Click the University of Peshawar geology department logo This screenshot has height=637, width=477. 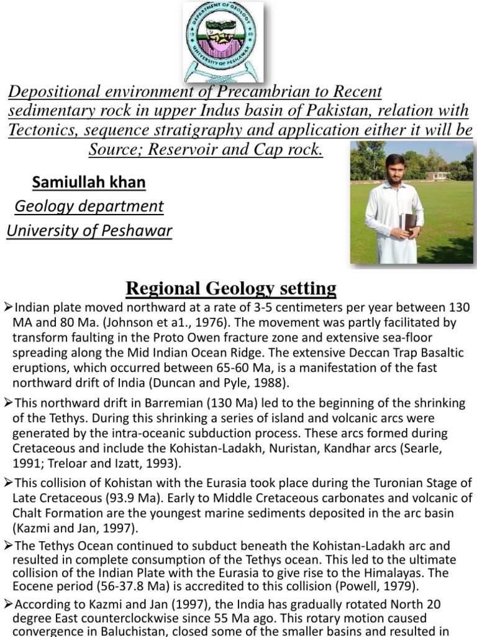click(223, 42)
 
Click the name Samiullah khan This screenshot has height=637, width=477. click(89, 182)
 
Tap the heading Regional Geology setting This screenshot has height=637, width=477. click(231, 288)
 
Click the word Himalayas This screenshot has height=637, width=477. click(404, 572)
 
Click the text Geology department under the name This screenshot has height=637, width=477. click(89, 206)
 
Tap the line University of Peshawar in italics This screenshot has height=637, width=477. click(89, 231)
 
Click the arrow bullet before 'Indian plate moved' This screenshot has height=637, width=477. click(8, 307)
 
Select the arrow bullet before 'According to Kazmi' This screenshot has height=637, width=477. click(8, 603)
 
